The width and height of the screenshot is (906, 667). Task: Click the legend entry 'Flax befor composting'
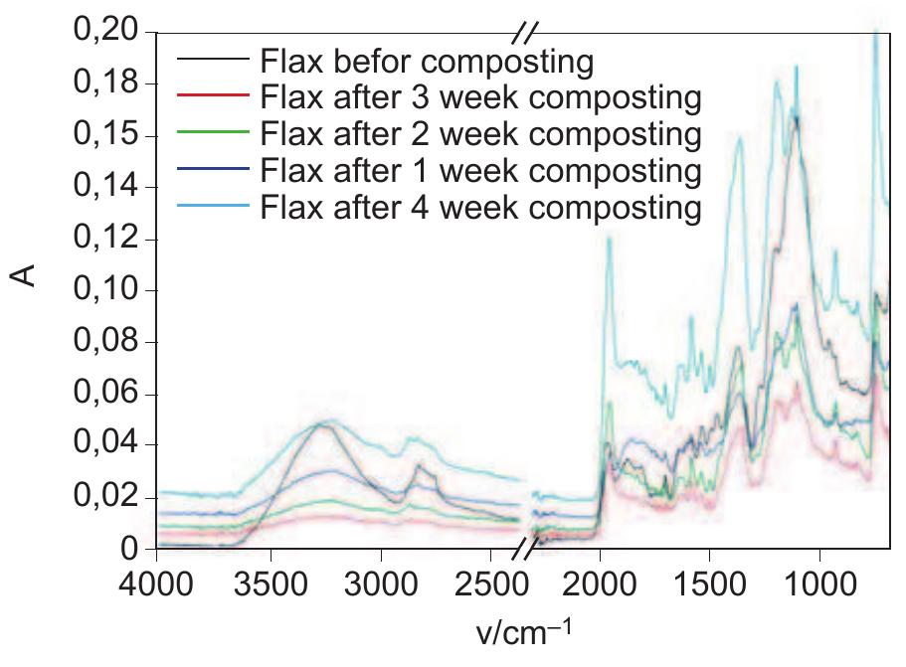click(x=427, y=62)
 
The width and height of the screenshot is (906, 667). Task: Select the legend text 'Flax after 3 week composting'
click(x=480, y=97)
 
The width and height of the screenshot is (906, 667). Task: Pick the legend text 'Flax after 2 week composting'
click(x=480, y=134)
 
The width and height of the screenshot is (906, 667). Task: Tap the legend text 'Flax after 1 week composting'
click(x=480, y=170)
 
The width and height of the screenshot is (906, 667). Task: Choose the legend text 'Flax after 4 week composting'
click(x=480, y=207)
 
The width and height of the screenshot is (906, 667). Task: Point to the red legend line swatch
click(x=212, y=97)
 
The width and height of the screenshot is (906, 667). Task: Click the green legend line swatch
click(x=212, y=134)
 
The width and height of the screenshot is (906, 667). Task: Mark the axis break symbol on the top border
click(x=524, y=33)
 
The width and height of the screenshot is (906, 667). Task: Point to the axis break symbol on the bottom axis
click(x=534, y=548)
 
